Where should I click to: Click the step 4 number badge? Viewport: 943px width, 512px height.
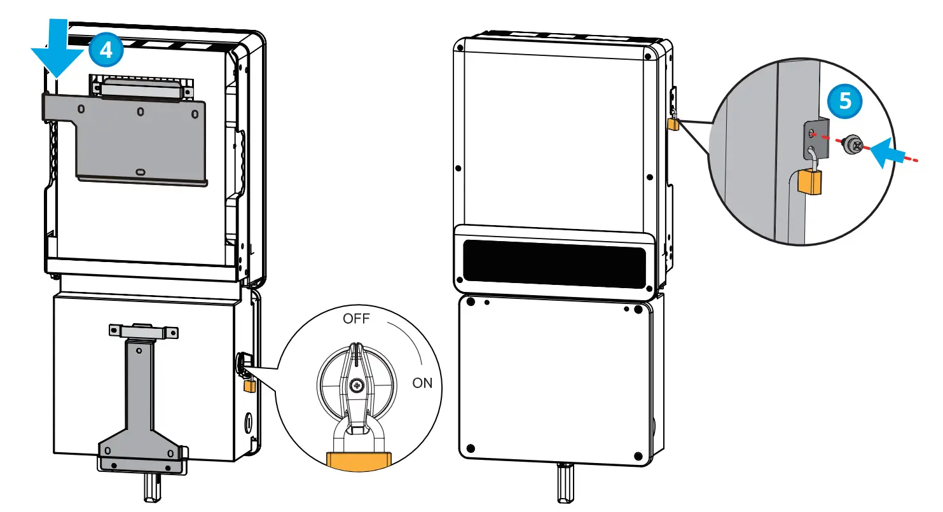[106, 50]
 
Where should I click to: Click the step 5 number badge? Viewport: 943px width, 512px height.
[846, 102]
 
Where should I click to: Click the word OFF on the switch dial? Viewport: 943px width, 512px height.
[356, 319]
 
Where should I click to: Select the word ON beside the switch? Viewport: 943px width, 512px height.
[422, 383]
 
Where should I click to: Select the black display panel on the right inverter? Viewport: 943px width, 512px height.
[553, 261]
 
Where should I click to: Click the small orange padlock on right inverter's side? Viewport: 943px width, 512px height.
[673, 124]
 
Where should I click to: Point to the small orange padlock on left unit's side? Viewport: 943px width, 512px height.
[250, 385]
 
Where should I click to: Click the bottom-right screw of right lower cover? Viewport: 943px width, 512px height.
[638, 455]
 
